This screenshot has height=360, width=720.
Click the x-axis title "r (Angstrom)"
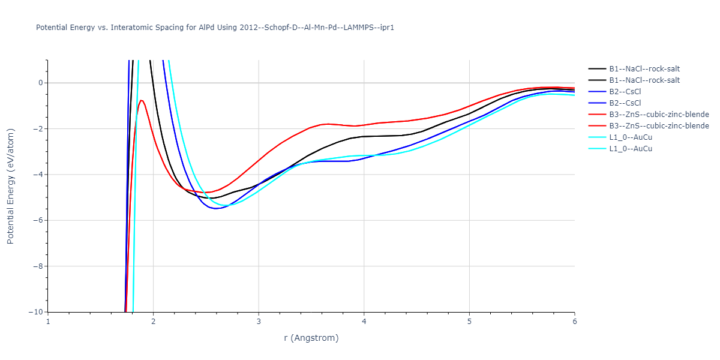click(311, 338)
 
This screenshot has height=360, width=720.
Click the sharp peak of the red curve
click(141, 100)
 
